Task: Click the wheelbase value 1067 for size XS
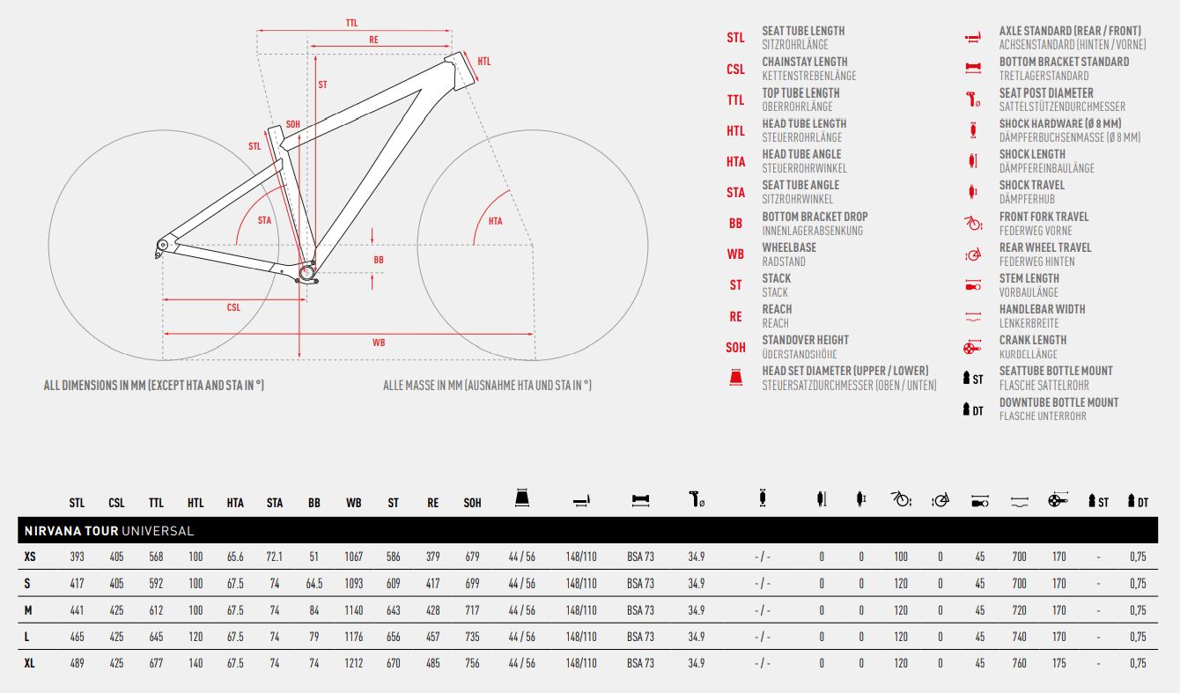[353, 557]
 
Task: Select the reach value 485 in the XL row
[432, 663]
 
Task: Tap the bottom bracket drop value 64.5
[314, 584]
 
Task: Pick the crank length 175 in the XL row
[1058, 663]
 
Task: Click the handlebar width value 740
[1020, 637]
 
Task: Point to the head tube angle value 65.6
[235, 557]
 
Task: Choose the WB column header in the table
[353, 503]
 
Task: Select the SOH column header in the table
[473, 503]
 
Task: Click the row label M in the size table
[28, 610]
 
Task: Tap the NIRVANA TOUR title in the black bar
[71, 531]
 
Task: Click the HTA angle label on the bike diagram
[495, 221]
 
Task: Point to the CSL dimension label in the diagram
[233, 307]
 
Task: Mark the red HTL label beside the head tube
[484, 62]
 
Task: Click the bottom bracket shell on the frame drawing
[306, 273]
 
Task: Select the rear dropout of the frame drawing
[162, 246]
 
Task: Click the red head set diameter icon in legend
[736, 378]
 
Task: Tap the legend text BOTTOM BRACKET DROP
[815, 217]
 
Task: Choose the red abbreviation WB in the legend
[735, 254]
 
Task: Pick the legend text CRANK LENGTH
[1032, 340]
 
